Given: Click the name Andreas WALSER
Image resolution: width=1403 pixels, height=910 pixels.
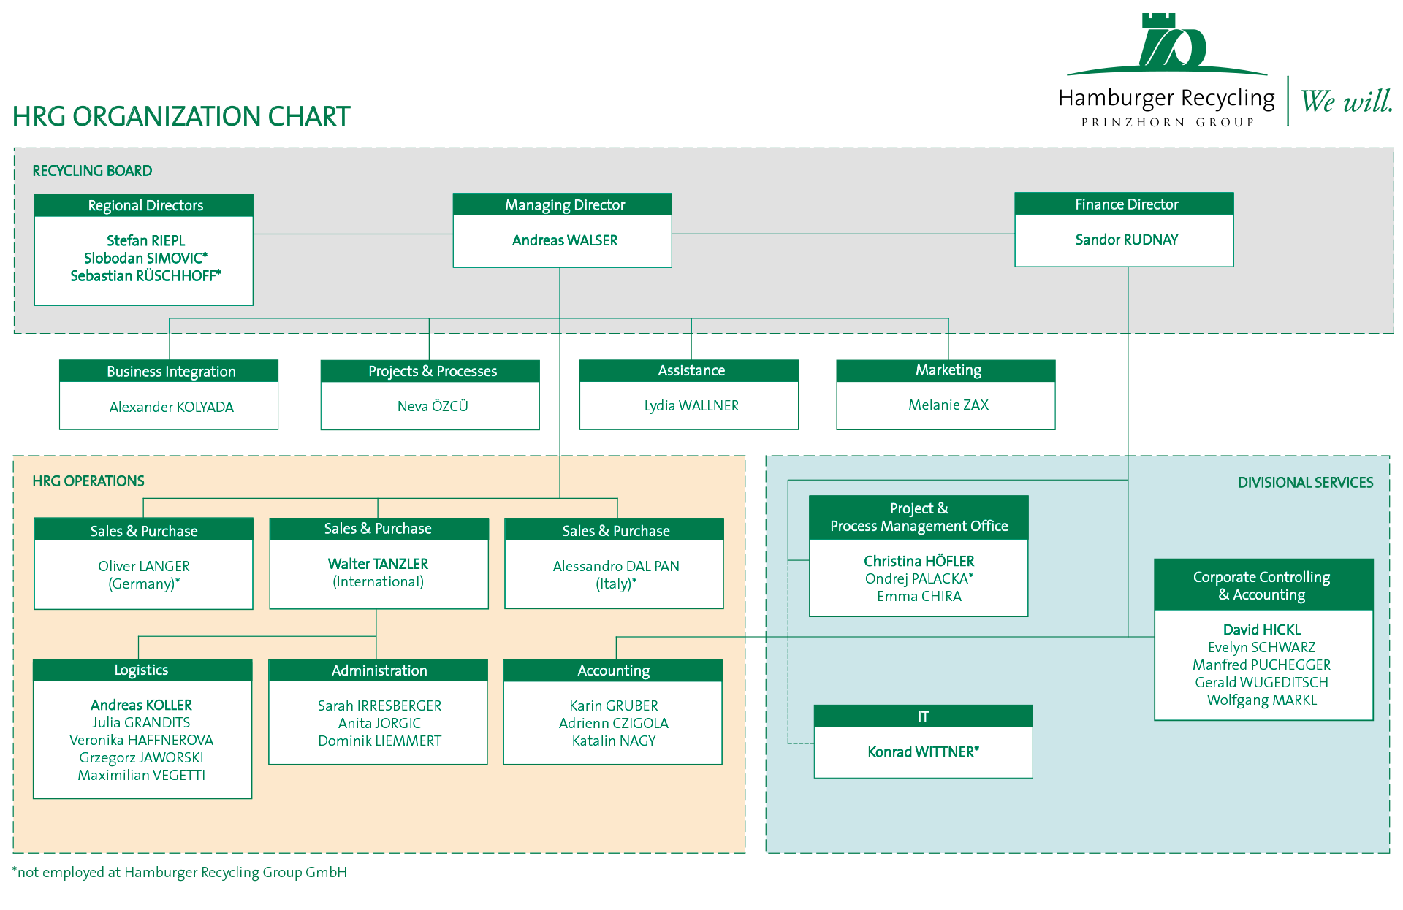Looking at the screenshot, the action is click(x=565, y=240).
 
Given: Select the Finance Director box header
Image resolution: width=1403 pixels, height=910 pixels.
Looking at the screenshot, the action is click(x=1124, y=204).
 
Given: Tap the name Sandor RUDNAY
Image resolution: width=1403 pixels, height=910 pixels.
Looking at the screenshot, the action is click(x=1126, y=240).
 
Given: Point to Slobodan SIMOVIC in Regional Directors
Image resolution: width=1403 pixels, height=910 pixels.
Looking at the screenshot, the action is click(x=145, y=258).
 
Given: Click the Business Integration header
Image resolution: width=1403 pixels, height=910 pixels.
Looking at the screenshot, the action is click(x=169, y=371).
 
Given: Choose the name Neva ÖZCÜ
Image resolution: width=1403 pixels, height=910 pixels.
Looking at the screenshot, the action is click(x=433, y=406).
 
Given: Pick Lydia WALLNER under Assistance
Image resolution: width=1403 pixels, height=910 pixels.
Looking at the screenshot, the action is click(x=691, y=405).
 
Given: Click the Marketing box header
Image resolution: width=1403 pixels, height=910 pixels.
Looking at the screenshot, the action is click(x=946, y=370).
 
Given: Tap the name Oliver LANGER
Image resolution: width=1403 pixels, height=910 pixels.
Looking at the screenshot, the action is click(x=144, y=566).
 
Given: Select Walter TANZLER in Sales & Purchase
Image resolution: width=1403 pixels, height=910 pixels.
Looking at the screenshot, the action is click(x=378, y=564).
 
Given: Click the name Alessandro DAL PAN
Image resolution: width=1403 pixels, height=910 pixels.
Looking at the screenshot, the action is click(x=616, y=566).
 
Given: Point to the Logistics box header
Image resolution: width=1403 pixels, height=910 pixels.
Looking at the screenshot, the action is click(x=142, y=670).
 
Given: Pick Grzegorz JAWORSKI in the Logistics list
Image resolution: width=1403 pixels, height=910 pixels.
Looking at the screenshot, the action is click(x=141, y=757).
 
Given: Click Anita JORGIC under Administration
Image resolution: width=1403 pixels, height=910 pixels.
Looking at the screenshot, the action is click(x=379, y=723).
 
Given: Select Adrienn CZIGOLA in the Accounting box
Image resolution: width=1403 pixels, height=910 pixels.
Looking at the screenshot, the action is click(x=614, y=723).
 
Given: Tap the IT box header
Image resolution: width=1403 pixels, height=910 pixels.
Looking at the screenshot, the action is click(x=924, y=716).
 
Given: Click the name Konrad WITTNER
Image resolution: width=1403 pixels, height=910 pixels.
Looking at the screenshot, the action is click(x=923, y=752).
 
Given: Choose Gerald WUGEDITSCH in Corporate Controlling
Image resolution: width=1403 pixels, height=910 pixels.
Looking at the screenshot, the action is click(x=1262, y=682).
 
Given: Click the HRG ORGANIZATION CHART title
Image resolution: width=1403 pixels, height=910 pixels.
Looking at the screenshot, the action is click(x=181, y=116).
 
